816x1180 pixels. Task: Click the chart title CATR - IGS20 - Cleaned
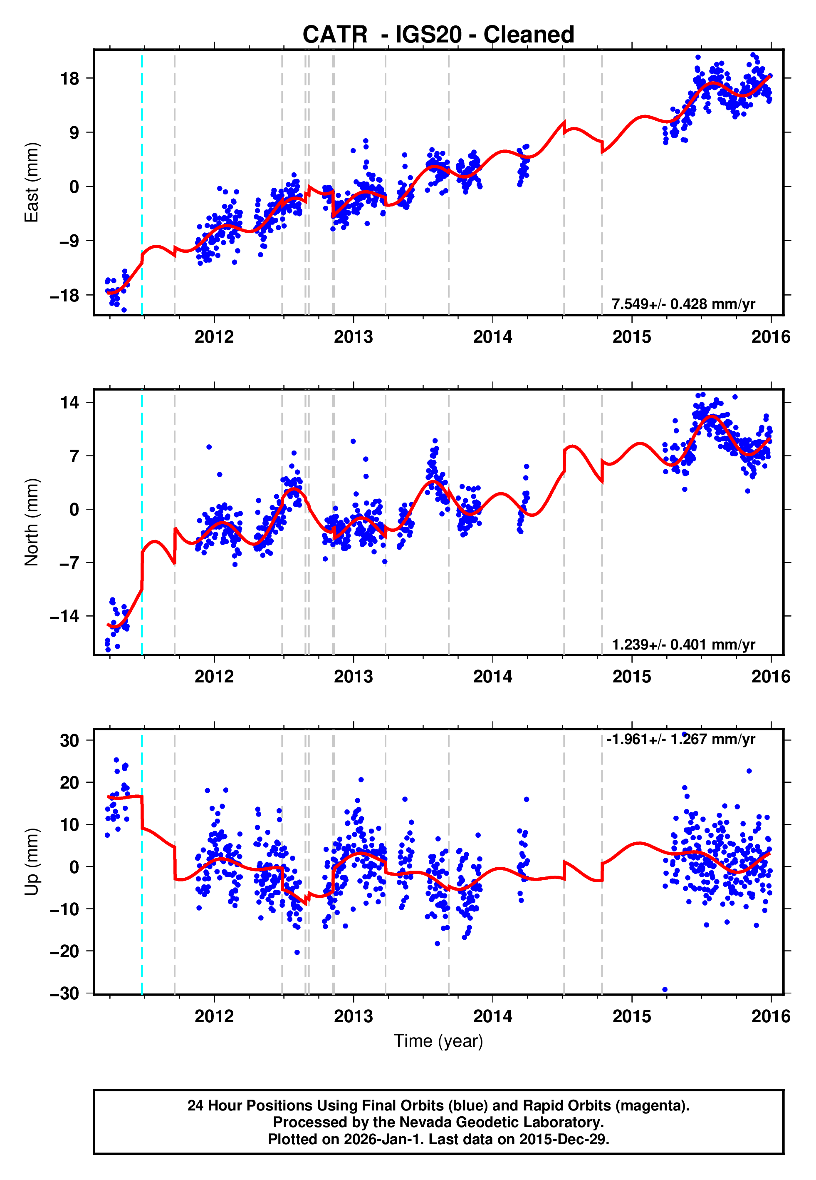coord(438,35)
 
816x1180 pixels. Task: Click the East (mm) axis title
coord(32,182)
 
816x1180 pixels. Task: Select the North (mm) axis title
coord(32,522)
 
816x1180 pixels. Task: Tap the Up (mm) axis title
coord(32,862)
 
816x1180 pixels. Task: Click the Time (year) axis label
coord(438,1041)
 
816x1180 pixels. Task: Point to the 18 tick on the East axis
coord(70,79)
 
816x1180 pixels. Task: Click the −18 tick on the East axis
coord(64,296)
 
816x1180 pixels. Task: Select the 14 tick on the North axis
coord(69,403)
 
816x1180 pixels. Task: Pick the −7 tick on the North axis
coord(67,563)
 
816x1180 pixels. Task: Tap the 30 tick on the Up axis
coord(69,740)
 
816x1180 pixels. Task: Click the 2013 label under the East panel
coord(353,337)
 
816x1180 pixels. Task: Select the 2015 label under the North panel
coord(632,677)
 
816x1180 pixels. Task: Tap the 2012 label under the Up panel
coord(214,1016)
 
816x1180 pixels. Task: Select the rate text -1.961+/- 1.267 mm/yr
coord(680,739)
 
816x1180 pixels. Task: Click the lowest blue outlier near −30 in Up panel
coord(665,990)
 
